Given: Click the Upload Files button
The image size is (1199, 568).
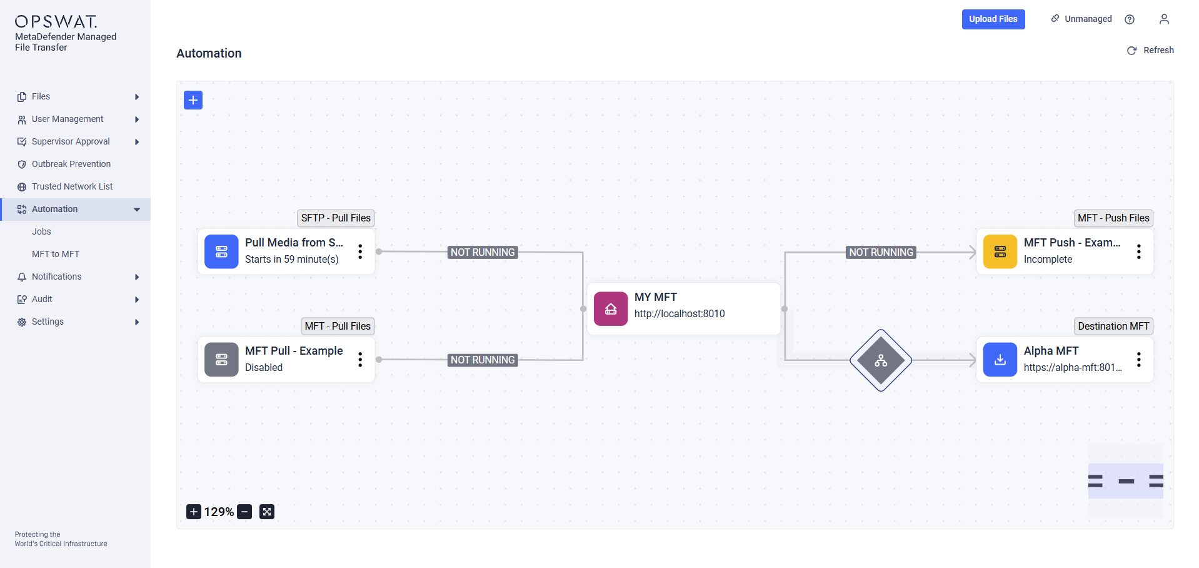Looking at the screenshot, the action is click(x=993, y=19).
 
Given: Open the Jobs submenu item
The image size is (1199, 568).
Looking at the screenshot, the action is click(x=41, y=231).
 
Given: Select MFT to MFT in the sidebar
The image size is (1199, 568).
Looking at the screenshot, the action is click(x=56, y=254).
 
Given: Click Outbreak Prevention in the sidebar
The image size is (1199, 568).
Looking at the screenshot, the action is click(x=71, y=164).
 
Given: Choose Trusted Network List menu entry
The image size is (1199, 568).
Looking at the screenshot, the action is click(x=73, y=186).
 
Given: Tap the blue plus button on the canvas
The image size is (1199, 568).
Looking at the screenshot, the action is click(x=193, y=100).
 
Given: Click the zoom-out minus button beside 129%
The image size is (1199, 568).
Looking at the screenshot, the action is click(x=245, y=512).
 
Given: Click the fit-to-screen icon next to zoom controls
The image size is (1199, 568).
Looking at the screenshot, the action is click(x=267, y=512).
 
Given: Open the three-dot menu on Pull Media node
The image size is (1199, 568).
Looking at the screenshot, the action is click(x=360, y=251).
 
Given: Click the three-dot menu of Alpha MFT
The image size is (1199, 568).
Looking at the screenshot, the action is click(x=1139, y=359).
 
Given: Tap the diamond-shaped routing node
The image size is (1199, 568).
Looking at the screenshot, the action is click(x=881, y=360).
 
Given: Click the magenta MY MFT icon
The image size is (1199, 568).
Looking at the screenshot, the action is click(x=611, y=309).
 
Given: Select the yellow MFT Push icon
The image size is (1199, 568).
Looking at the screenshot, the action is click(x=1000, y=251).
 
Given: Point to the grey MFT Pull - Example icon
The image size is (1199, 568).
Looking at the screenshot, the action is click(x=221, y=360).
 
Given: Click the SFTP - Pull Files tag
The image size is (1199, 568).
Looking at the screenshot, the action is click(x=336, y=218).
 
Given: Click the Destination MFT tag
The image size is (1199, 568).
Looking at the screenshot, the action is click(x=1113, y=326).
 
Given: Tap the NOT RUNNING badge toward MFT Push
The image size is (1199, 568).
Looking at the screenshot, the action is click(x=881, y=252).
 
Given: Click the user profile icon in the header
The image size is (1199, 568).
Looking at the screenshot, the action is click(x=1164, y=19).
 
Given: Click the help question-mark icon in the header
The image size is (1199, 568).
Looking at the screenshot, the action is click(x=1130, y=19).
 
